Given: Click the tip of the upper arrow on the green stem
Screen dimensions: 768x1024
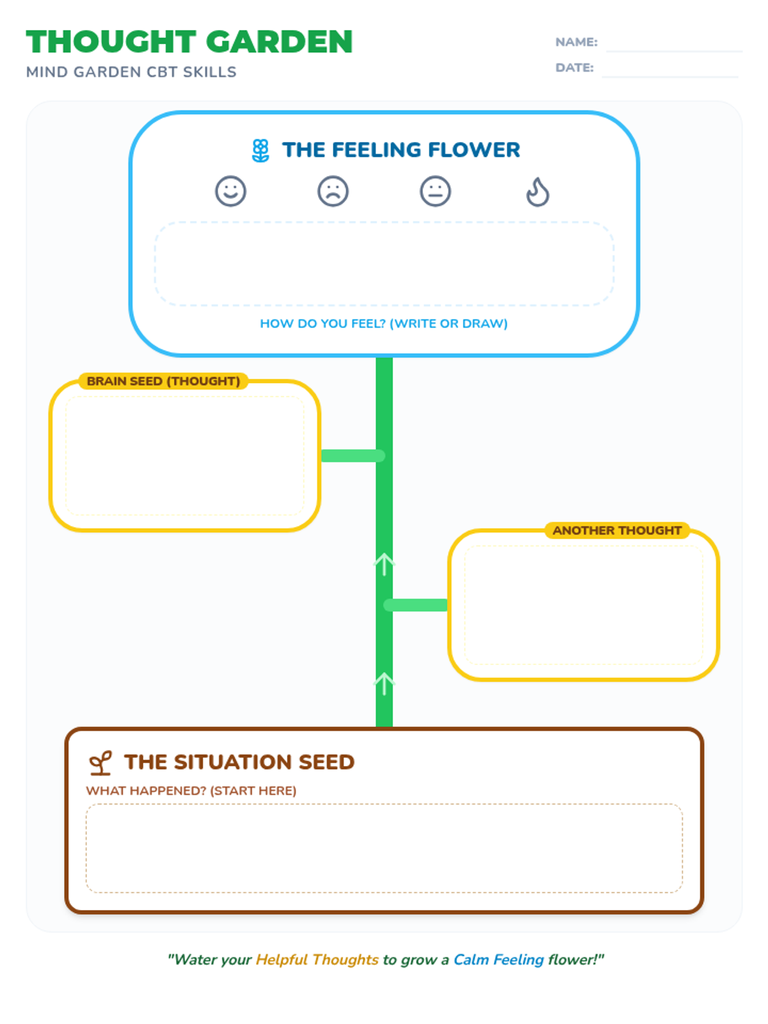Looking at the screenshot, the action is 384,554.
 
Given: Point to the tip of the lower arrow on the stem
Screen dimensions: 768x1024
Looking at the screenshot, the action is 384,673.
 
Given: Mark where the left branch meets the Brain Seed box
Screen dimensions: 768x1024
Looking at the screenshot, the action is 321,455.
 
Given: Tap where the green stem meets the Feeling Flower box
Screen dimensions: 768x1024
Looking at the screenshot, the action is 384,357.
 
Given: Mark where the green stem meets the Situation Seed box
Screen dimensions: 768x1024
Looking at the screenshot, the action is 384,727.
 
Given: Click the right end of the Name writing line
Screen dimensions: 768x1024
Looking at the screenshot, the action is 742,51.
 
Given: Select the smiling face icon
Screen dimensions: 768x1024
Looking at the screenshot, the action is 230,191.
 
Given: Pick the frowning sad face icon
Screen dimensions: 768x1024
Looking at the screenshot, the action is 333,191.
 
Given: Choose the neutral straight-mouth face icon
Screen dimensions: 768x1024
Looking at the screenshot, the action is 435,191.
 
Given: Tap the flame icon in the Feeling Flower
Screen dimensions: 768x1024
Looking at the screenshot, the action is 538,191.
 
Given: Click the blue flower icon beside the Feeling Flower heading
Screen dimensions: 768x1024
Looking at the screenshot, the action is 260,150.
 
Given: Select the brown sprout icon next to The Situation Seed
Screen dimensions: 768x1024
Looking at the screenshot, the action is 100,763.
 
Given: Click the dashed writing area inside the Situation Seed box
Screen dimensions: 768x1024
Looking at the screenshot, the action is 384,847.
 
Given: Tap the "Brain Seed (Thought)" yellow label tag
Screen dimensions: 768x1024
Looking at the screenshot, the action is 163,381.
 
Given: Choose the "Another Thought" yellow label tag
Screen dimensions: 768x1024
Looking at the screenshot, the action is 617,531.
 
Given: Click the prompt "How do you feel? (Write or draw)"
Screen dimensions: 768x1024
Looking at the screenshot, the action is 384,323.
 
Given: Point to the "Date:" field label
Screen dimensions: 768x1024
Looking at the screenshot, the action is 575,68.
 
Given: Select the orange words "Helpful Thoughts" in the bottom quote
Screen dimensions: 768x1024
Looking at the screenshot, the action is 317,959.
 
